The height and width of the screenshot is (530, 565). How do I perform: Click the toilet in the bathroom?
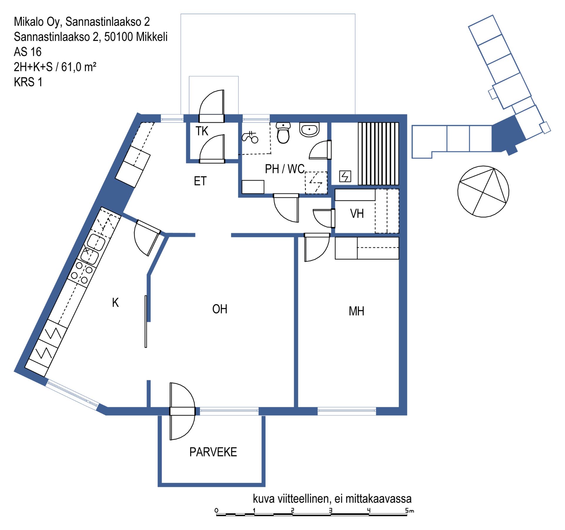point(283,133)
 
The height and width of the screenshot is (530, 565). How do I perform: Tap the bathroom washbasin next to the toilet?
point(309,129)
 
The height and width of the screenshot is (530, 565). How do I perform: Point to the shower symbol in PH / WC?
point(250,137)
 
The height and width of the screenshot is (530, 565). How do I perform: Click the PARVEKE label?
point(213,452)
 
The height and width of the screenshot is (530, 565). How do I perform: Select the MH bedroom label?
point(356,311)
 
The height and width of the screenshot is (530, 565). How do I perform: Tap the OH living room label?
point(220,309)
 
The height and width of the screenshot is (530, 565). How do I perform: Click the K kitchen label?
point(115,303)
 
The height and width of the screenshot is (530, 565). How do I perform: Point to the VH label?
point(357,214)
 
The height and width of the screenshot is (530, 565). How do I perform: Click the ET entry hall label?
point(200,181)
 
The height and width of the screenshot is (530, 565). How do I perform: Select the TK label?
point(202,131)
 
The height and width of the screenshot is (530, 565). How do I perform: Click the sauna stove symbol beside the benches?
point(345,176)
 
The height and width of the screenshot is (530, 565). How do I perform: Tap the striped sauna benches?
point(378,154)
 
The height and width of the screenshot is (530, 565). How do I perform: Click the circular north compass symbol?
point(483,191)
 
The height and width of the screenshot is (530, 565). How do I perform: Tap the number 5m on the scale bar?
point(409,511)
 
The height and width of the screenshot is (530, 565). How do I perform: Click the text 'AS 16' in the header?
point(28,52)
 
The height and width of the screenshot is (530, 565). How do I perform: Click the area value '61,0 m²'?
point(79,67)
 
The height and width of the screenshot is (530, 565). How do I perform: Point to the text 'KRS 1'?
point(28,82)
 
